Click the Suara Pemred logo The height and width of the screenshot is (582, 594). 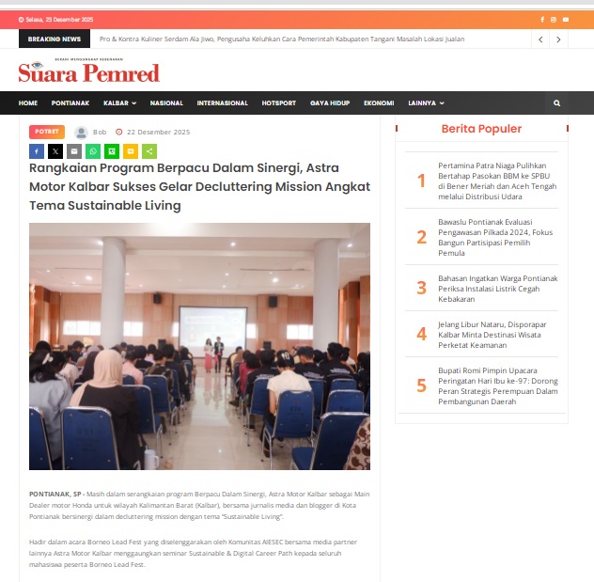[88, 71]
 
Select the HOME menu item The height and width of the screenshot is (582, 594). [28, 102]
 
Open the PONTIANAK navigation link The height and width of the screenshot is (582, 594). [70, 102]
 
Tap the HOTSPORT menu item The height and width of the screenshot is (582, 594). [278, 102]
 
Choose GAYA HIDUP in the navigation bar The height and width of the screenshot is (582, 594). [330, 102]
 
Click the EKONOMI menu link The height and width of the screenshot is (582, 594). [379, 102]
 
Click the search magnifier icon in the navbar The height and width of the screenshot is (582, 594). [556, 102]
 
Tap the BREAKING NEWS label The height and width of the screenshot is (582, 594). [55, 39]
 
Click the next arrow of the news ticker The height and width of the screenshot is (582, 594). [559, 39]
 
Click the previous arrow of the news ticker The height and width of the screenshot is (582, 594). [540, 39]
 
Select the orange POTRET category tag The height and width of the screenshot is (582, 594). [47, 132]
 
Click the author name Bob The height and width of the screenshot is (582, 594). [100, 133]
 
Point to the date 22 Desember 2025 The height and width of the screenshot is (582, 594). [158, 133]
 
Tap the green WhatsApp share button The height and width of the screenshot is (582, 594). [93, 150]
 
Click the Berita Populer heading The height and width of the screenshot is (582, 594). [481, 129]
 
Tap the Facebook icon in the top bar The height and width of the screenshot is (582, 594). [542, 19]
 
